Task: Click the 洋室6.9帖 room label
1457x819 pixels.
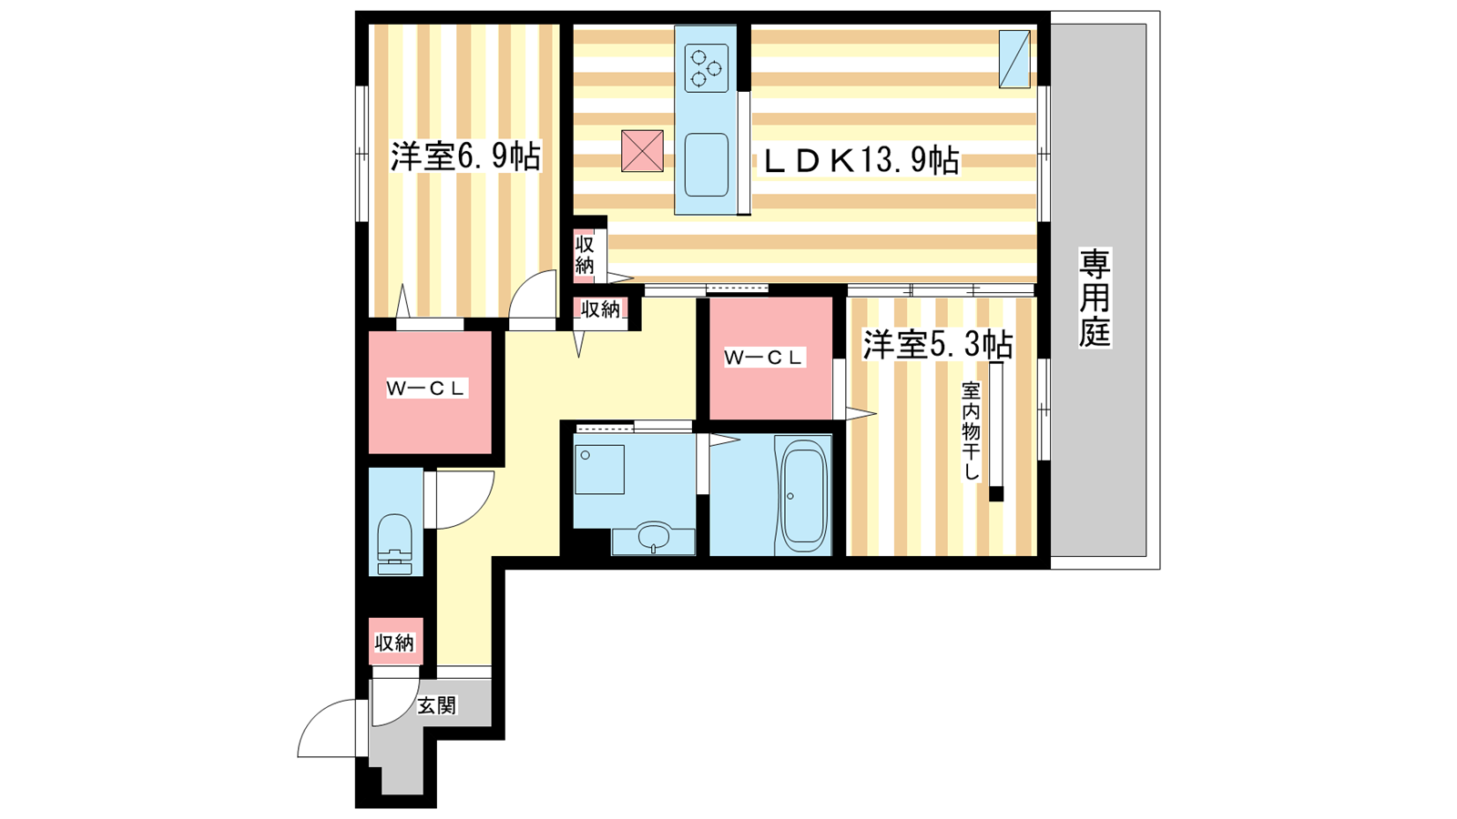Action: click(x=465, y=157)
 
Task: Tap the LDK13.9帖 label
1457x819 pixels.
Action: click(x=861, y=160)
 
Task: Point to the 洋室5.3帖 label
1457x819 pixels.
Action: click(x=937, y=344)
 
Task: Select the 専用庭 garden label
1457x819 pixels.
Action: click(x=1095, y=297)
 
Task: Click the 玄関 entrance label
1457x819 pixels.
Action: click(x=437, y=705)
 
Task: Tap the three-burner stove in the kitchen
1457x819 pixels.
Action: click(x=706, y=68)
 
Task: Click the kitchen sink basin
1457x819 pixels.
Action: click(x=706, y=165)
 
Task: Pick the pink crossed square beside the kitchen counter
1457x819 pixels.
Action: click(x=642, y=151)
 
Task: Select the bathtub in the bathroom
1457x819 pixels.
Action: click(x=803, y=496)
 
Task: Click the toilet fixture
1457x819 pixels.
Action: click(x=395, y=545)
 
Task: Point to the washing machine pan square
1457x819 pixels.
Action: click(x=598, y=470)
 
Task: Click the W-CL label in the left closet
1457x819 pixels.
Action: click(x=427, y=389)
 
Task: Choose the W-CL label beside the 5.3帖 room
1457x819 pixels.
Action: click(x=764, y=357)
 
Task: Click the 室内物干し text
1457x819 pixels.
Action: click(x=971, y=431)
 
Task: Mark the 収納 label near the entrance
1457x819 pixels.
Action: click(x=394, y=643)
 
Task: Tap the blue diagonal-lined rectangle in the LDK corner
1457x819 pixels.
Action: click(x=1014, y=59)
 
